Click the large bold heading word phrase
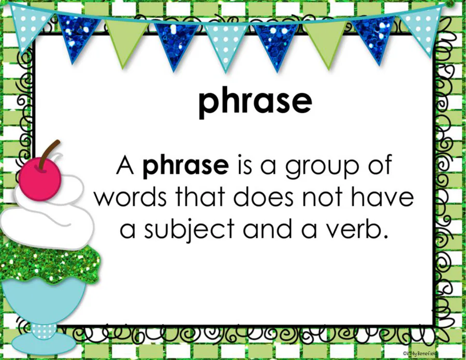tap(255, 102)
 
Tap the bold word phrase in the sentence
tap(186, 166)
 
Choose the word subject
tap(189, 231)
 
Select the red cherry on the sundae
tap(40, 179)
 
